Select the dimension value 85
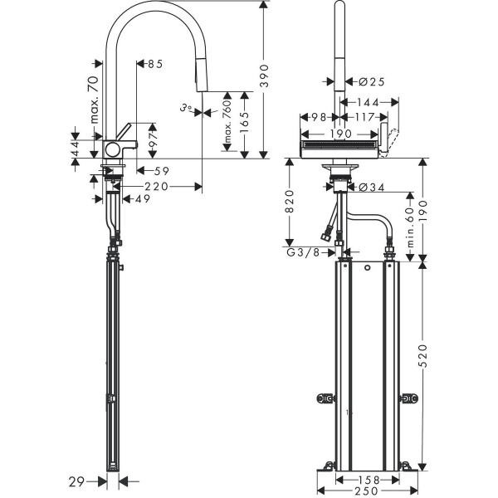tap(154, 64)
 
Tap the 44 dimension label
tap(76, 149)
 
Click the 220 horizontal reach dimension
tap(159, 187)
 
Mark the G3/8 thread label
tap(304, 252)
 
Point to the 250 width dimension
tap(357, 491)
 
